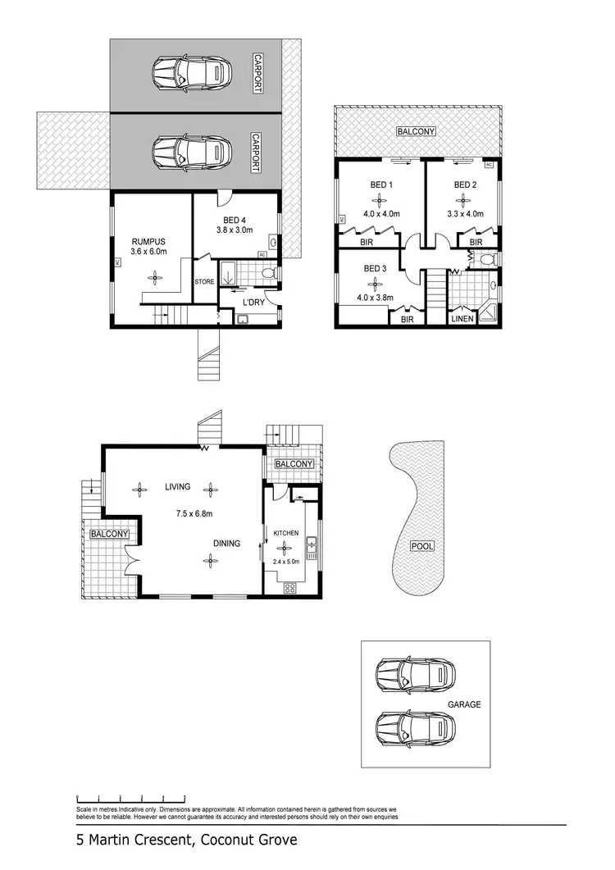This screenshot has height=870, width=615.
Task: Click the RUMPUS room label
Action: point(149,241)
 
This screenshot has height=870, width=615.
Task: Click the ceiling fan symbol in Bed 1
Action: point(380,198)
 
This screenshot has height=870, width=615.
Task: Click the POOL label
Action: point(422,546)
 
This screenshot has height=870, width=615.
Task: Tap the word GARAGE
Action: point(464,704)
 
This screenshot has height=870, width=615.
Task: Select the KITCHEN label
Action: point(286,533)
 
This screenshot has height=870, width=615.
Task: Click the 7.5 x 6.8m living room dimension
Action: point(194,514)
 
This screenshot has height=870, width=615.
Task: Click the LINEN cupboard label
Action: point(462,319)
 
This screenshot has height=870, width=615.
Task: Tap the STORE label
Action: point(204,282)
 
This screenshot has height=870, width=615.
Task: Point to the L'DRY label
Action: point(252,303)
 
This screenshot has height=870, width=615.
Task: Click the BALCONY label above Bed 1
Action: point(416,131)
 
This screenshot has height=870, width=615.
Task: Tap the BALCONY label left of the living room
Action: point(109,534)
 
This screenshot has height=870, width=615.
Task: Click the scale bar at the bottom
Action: point(130,798)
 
